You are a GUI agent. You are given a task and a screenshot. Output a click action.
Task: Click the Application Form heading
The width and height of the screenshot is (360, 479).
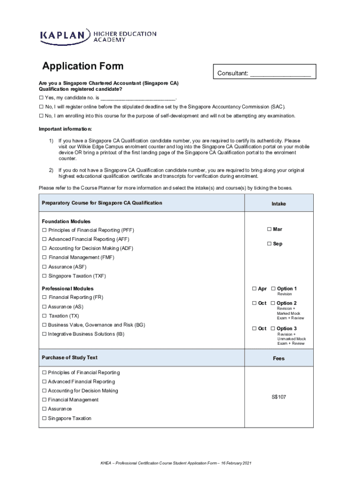[x=83, y=66]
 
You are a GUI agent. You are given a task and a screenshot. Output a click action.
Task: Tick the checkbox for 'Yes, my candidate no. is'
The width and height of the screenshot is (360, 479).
[x=41, y=98]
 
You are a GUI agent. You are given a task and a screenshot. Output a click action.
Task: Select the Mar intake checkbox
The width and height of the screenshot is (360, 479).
[x=269, y=229]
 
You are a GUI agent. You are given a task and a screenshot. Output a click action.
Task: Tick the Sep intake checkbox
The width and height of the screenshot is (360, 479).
[x=269, y=244]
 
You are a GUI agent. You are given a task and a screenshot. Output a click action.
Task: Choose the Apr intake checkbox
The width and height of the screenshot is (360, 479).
[x=254, y=289]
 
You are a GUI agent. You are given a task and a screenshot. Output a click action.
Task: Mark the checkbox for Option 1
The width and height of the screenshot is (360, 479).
[x=273, y=289]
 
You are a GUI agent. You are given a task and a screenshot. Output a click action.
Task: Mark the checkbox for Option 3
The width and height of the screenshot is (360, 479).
[x=273, y=328]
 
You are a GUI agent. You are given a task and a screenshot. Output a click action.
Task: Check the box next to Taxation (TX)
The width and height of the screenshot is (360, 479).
[x=44, y=316]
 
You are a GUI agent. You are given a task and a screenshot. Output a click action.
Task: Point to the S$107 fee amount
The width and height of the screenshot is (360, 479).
[x=279, y=397]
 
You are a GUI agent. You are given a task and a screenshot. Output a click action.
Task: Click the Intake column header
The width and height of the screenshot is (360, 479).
[x=279, y=204]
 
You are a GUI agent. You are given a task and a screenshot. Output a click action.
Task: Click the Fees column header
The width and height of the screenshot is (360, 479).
[x=279, y=358]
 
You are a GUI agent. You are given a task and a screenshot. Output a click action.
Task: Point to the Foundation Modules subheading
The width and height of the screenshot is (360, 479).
[x=66, y=221]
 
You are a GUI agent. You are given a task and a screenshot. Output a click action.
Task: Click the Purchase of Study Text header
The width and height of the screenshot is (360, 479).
[x=70, y=357]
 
